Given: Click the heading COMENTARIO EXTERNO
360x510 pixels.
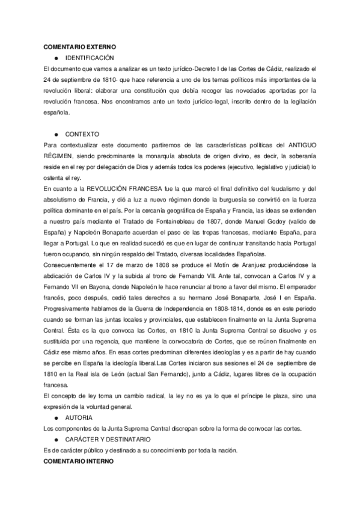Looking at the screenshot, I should (80, 46).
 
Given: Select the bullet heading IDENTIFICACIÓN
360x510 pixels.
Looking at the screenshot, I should (90, 57).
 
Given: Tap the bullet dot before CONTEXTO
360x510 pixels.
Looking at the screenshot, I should (55, 134).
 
